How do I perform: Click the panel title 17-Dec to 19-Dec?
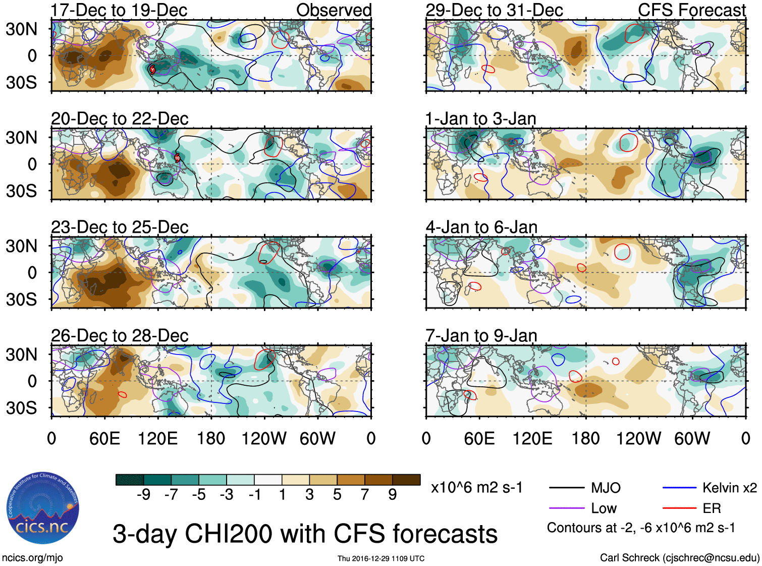click(x=119, y=10)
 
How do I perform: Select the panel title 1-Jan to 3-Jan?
click(x=480, y=119)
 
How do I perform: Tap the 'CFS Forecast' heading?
click(x=691, y=10)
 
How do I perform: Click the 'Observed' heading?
click(x=334, y=10)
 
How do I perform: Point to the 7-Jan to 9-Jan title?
click(x=481, y=336)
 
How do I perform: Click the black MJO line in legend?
click(x=567, y=488)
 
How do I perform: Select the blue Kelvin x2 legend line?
click(x=680, y=488)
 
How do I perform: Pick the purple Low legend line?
click(x=567, y=508)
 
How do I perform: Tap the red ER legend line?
click(x=680, y=508)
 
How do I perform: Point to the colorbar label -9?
click(x=143, y=495)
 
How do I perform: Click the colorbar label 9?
click(x=392, y=495)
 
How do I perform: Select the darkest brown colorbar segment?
click(x=406, y=480)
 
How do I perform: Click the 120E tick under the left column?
click(x=157, y=438)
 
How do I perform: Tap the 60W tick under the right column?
click(x=692, y=438)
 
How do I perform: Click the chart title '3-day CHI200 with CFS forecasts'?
click(x=305, y=534)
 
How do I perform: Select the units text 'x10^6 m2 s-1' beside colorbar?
click(x=476, y=488)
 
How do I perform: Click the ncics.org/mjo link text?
click(x=32, y=557)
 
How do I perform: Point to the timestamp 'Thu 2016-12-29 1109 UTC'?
click(x=381, y=558)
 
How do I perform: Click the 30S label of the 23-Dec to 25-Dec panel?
click(x=21, y=299)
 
